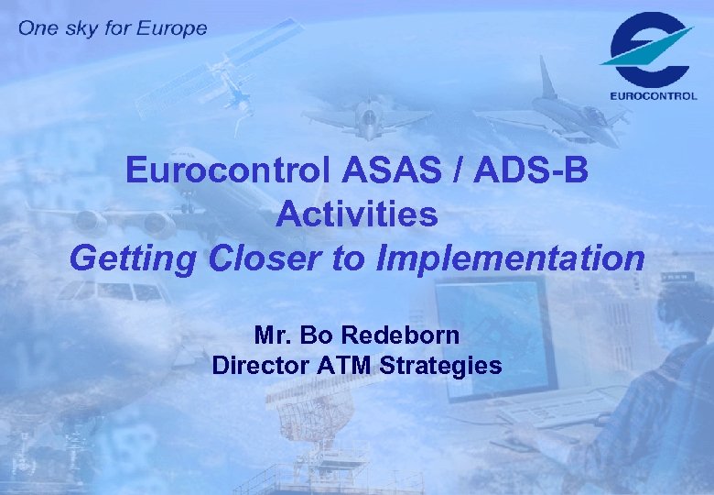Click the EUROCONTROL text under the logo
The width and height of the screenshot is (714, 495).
pos(653,94)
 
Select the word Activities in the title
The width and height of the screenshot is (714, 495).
pos(357,214)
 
